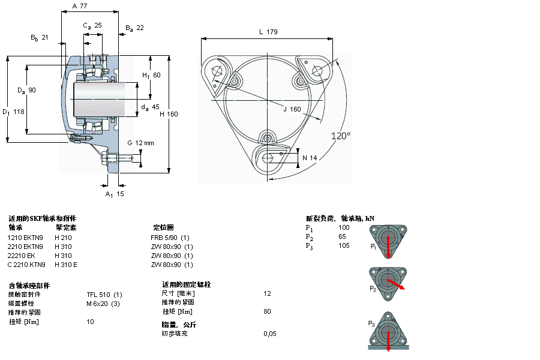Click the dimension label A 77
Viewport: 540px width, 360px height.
click(80, 6)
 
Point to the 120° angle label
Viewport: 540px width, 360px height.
click(341, 136)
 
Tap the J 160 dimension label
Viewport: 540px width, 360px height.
click(292, 109)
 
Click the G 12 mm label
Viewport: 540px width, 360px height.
click(140, 143)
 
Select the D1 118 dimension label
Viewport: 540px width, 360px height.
click(13, 112)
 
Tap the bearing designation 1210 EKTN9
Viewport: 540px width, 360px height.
click(25, 237)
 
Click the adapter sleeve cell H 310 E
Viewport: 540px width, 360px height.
click(66, 265)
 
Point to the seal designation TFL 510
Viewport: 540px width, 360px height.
click(104, 294)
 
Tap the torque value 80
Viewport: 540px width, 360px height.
click(268, 311)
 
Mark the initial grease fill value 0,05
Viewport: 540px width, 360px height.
click(270, 333)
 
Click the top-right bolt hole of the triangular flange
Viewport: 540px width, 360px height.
click(317, 71)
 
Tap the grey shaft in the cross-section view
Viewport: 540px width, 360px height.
click(99, 98)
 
